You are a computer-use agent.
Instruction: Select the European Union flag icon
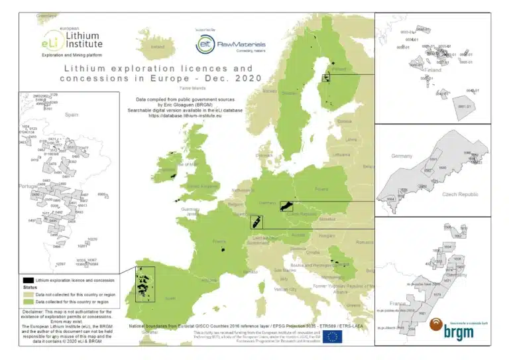[333, 337]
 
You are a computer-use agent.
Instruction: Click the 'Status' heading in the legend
[29, 288]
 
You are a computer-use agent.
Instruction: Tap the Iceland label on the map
[157, 47]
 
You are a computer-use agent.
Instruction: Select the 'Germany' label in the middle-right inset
[402, 156]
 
